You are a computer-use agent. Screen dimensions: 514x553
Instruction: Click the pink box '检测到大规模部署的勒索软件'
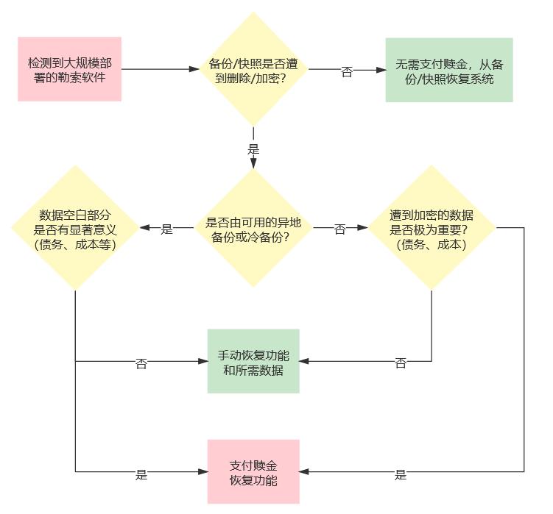point(70,69)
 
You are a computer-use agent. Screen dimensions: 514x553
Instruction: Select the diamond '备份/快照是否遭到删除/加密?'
point(253,69)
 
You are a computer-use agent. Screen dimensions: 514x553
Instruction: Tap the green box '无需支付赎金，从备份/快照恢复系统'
point(448,70)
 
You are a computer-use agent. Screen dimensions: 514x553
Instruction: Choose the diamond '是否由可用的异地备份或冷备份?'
point(253,229)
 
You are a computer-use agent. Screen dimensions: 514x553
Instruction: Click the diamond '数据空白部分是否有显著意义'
point(75,229)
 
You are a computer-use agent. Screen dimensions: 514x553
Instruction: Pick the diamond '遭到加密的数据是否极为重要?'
point(432,229)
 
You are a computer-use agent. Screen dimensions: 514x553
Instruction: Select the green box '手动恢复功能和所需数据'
point(253,361)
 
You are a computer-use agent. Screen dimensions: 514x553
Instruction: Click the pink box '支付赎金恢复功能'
point(253,471)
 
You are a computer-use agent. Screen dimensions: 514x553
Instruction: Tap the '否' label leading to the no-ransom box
point(347,71)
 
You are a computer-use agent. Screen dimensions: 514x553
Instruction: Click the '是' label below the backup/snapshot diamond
point(253,149)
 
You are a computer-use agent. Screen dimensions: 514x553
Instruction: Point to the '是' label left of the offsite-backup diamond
point(166,229)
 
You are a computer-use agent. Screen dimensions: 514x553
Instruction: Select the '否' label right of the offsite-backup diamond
point(340,229)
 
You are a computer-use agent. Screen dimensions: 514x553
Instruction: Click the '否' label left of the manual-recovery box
point(141,363)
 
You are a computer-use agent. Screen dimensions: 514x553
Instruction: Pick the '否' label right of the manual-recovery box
point(401,363)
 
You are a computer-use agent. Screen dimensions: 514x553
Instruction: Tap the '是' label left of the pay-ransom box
point(141,474)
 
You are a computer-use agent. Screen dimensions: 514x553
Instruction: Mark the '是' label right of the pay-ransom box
point(401,474)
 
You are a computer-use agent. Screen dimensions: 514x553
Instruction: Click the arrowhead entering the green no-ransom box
point(381,70)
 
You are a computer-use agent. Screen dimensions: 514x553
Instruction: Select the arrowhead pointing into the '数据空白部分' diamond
point(143,229)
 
